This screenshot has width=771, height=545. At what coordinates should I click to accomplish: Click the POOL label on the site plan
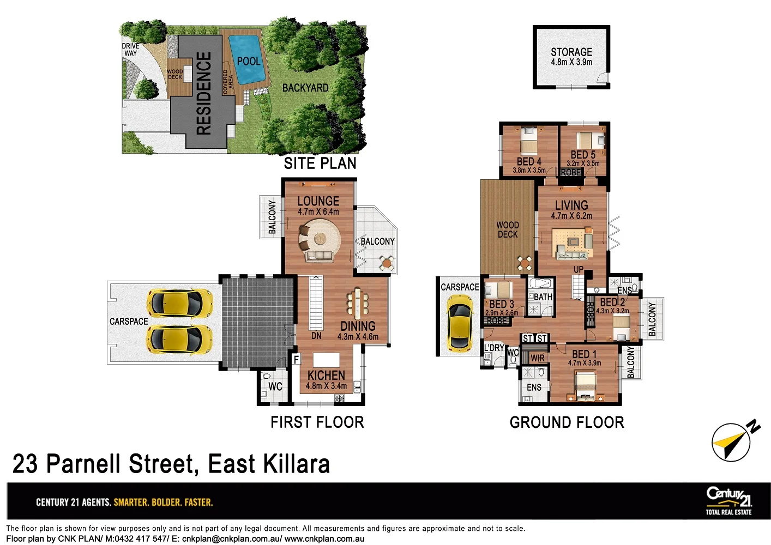click(249, 61)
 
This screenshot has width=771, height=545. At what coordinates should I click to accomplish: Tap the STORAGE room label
click(571, 52)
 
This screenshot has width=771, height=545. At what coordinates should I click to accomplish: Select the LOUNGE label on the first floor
click(318, 201)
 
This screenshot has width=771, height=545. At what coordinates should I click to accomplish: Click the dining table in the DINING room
click(357, 303)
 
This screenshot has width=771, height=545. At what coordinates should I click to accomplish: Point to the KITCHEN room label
click(326, 376)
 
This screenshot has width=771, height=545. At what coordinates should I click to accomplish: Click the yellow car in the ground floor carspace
click(459, 323)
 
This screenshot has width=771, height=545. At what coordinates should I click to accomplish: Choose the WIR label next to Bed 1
click(538, 358)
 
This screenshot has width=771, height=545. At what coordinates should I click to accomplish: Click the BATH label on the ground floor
click(543, 297)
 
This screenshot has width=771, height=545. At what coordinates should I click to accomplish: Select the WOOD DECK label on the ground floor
click(508, 229)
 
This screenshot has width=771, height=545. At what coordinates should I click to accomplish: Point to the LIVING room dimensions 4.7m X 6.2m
click(571, 216)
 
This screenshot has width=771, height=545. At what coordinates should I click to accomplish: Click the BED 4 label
click(529, 161)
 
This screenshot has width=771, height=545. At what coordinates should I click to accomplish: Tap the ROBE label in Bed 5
click(570, 173)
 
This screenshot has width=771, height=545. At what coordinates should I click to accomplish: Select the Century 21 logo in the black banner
click(728, 500)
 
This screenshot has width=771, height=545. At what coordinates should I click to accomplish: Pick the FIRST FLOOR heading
click(317, 422)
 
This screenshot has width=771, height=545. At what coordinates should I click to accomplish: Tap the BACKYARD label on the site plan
click(305, 88)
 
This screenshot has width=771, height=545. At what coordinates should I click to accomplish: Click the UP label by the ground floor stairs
click(579, 270)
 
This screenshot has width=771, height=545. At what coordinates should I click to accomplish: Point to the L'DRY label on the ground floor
click(494, 348)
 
